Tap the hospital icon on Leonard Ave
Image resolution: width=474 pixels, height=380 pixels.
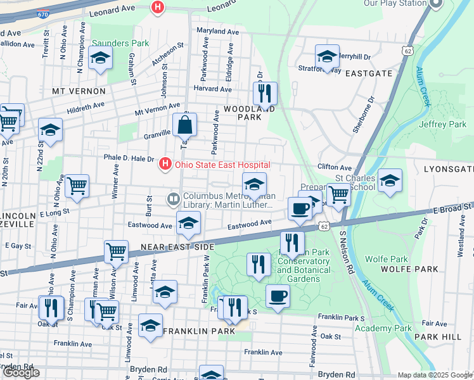click(x=157, y=8)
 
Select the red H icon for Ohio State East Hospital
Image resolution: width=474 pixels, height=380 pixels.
click(x=165, y=165)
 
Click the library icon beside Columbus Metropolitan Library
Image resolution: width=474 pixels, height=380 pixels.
click(x=172, y=199)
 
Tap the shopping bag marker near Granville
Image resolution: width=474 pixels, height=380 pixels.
click(x=184, y=125)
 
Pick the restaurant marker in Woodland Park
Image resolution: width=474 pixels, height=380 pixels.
click(x=265, y=93)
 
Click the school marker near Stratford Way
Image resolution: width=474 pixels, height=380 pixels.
click(x=327, y=56)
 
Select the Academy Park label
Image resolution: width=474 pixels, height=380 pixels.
click(x=383, y=328)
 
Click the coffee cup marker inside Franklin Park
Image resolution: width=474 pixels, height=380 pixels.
click(x=277, y=296)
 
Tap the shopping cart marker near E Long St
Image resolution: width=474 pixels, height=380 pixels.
click(x=77, y=186)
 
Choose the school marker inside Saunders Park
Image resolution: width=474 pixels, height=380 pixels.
click(x=100, y=59)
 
